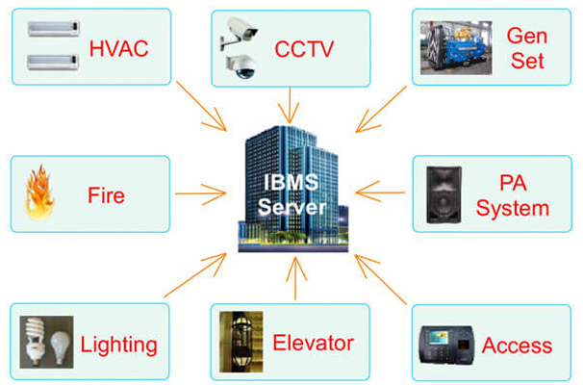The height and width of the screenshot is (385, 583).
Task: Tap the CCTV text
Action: coord(304,48)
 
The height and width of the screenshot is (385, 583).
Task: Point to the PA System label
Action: coord(513,195)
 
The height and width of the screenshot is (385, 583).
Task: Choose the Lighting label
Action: coord(117,345)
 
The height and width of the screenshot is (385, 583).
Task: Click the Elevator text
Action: coord(314,343)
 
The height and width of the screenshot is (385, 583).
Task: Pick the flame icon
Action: coord(42,194)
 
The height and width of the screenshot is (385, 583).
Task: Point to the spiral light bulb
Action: coord(37,341)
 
